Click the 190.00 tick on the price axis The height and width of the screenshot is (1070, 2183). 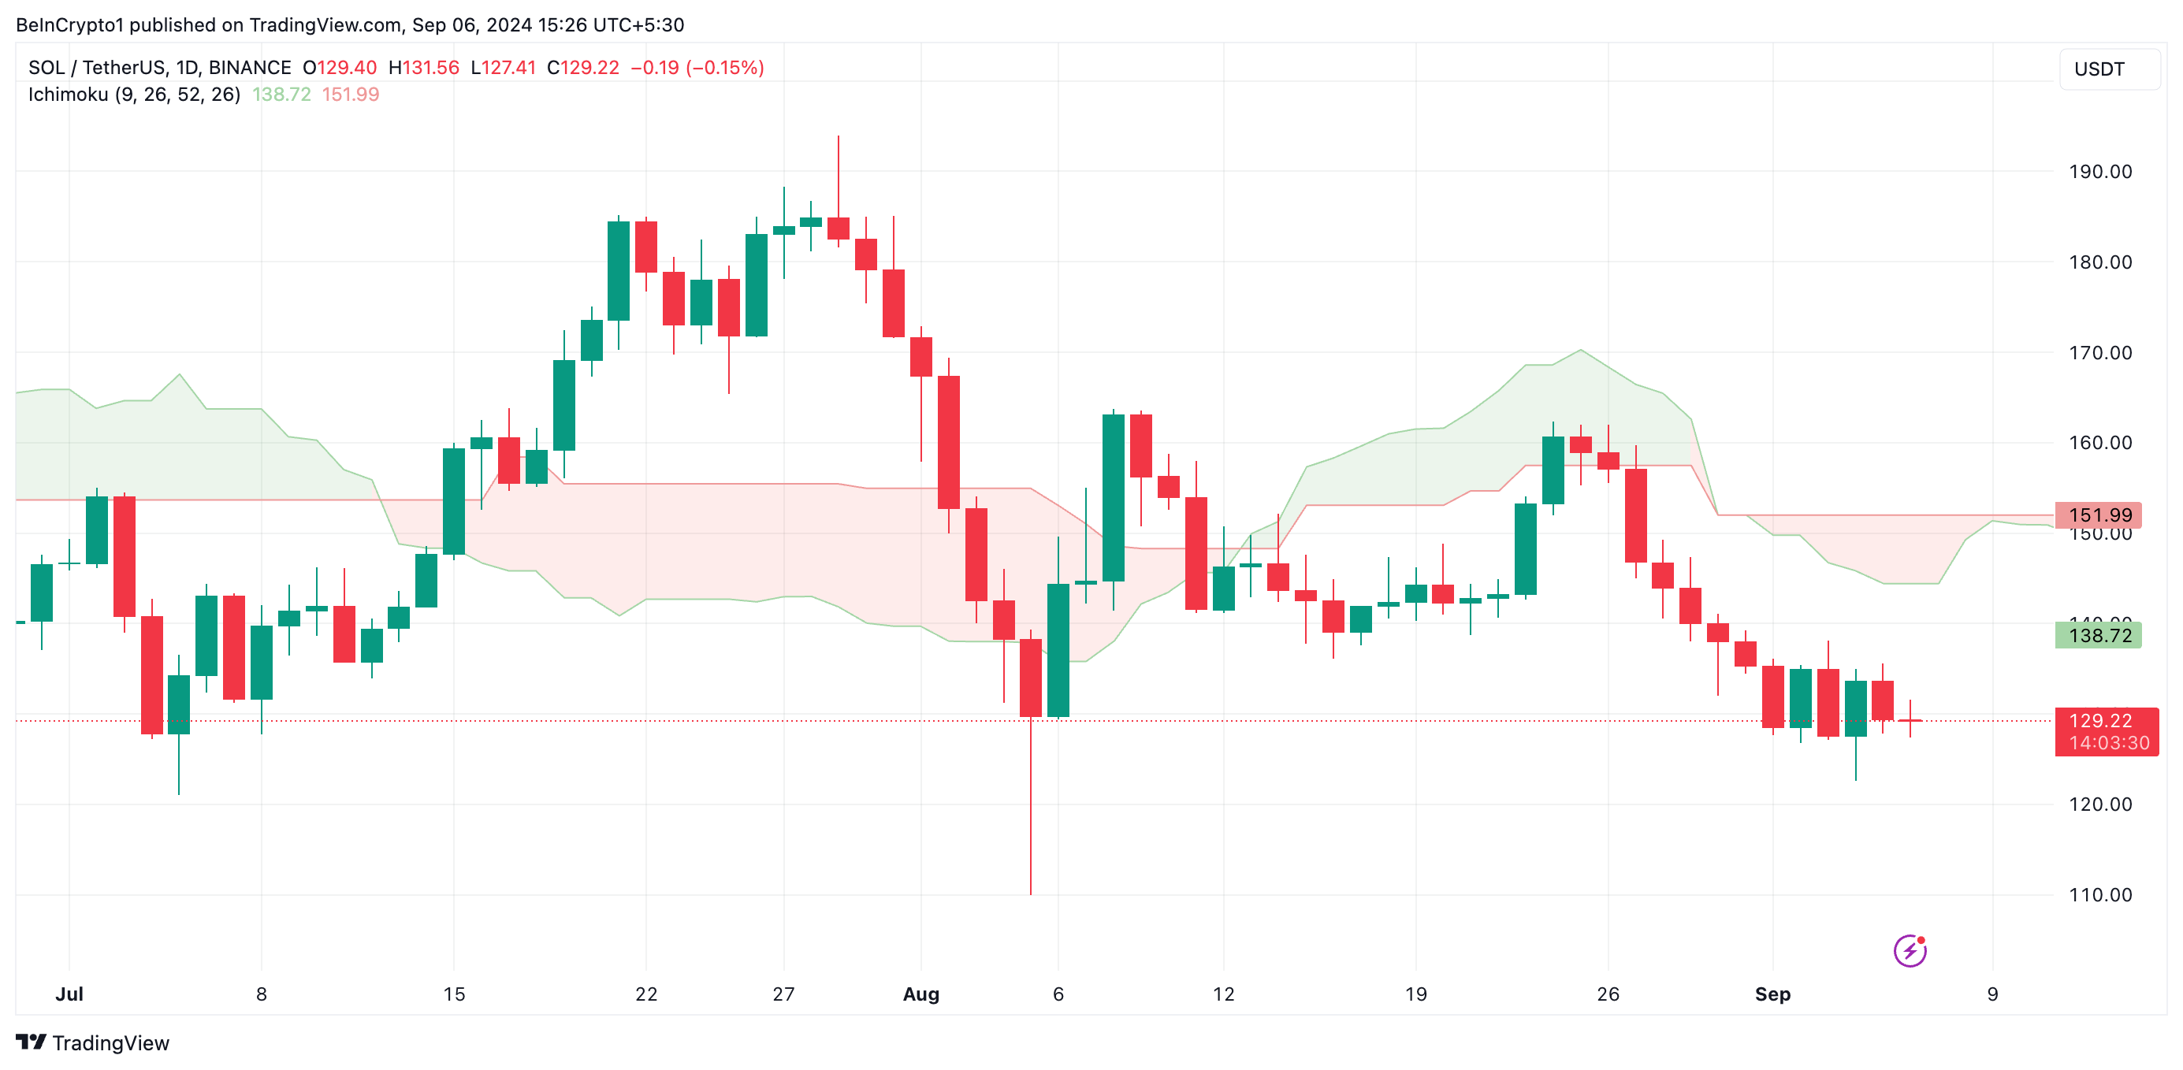(2099, 172)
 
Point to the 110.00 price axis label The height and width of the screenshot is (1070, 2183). (2099, 894)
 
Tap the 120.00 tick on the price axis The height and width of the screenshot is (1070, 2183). (2099, 804)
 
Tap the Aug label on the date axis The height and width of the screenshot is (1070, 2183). (920, 994)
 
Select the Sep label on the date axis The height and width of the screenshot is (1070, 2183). (1772, 994)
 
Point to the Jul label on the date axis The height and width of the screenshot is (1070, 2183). (69, 994)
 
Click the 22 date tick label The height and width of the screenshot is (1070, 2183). (645, 994)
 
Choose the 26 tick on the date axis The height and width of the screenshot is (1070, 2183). (1608, 994)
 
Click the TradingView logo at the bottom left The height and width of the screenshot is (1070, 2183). (92, 1043)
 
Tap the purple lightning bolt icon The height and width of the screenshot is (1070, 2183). (1910, 950)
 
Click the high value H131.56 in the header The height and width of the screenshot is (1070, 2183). (424, 68)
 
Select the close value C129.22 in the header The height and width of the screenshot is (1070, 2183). (583, 68)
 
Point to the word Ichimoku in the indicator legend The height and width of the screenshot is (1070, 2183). (68, 94)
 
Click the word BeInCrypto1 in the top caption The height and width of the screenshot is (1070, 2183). (69, 24)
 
